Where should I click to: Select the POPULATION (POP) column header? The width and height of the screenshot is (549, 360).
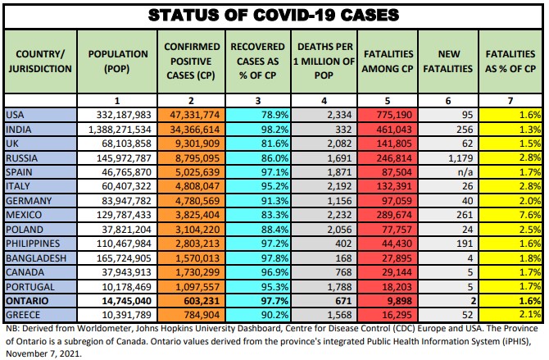pos(119,60)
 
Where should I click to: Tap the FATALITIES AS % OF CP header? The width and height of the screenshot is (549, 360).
pos(511,60)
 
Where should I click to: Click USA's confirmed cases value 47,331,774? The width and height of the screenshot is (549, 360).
pos(190,115)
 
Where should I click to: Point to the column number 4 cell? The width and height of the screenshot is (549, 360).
pos(324,98)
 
